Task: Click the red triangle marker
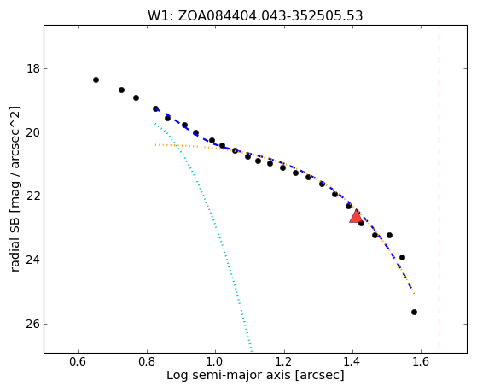[356, 217]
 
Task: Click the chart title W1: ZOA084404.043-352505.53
[255, 16]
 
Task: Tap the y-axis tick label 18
[33, 68]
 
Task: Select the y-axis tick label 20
[33, 132]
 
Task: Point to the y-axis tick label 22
[33, 196]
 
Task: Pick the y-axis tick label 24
[33, 260]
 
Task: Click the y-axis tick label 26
[33, 324]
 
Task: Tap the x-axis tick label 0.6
[79, 361]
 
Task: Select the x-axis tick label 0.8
[147, 361]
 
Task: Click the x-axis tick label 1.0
[215, 361]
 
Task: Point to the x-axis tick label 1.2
[284, 361]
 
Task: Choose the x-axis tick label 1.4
[352, 361]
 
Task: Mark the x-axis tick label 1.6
[421, 361]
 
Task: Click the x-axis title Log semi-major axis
[229, 375]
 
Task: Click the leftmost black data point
[96, 79]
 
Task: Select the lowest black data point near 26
[414, 313]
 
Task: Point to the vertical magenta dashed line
[439, 186]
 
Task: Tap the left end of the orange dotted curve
[155, 144]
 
